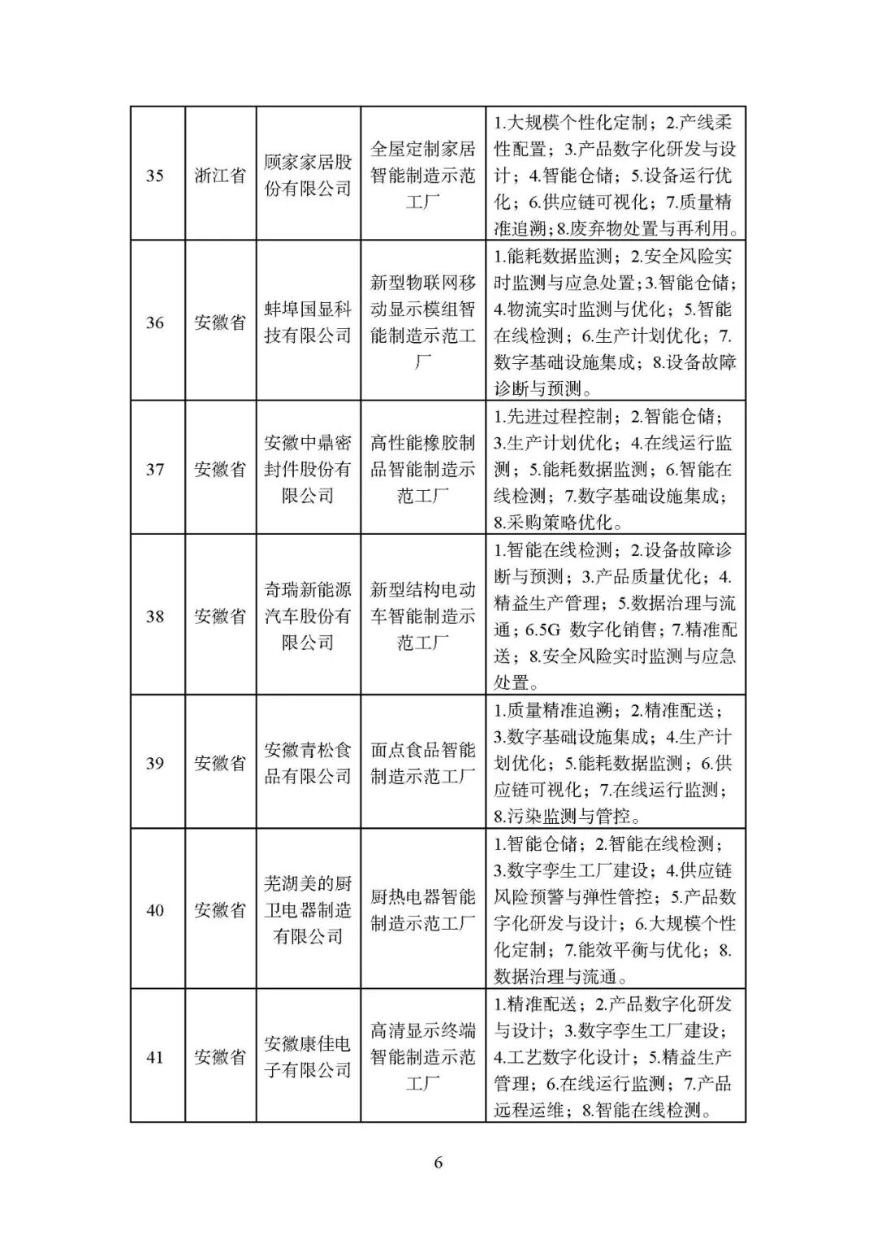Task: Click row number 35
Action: [154, 176]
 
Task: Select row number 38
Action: [154, 616]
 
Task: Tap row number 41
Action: [154, 1057]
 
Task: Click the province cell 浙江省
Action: [220, 176]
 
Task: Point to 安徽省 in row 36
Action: [220, 323]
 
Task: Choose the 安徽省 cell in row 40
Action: [220, 910]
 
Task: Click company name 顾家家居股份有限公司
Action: [308, 176]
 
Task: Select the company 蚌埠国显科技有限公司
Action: [308, 323]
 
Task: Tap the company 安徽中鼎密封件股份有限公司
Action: [308, 470]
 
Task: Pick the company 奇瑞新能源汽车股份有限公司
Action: [308, 616]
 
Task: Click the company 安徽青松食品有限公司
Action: [308, 763]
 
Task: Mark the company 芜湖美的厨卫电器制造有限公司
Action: [308, 910]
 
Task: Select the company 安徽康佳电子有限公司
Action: [308, 1057]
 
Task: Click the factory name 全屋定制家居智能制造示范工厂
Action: [422, 176]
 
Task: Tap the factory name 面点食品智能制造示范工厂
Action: [422, 763]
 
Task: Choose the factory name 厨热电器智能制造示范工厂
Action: [422, 910]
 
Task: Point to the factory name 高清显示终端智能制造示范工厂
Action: [422, 1057]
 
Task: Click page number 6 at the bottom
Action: [438, 1163]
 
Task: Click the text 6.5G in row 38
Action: [544, 630]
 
